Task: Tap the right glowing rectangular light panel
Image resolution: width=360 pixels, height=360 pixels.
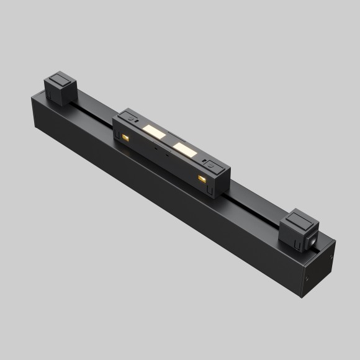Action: (x=184, y=148)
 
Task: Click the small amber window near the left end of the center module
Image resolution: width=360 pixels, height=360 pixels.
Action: (x=125, y=136)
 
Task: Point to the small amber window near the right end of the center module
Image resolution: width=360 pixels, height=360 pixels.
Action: (x=200, y=178)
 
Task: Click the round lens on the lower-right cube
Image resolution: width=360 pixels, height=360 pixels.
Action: (x=314, y=240)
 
